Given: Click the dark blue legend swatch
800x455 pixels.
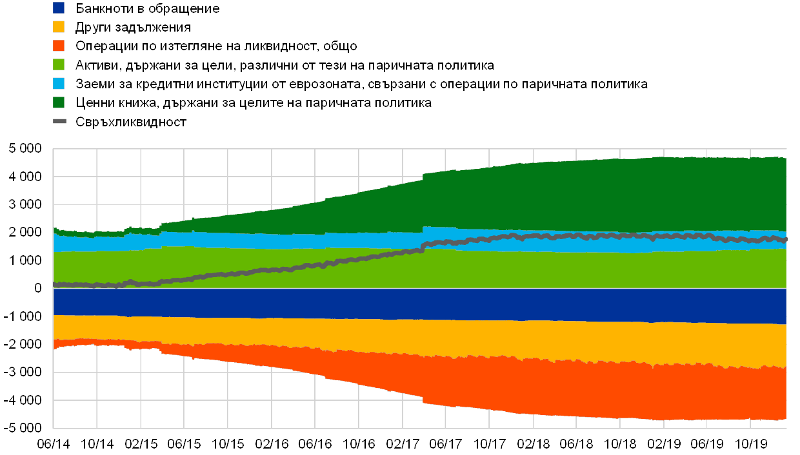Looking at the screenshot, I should click(59, 8).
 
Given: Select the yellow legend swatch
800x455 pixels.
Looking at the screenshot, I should click(59, 27).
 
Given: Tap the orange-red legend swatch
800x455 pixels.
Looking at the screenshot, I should click(59, 46).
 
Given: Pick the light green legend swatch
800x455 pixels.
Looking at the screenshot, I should click(59, 65).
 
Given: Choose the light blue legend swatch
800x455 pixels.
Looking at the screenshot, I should click(59, 84).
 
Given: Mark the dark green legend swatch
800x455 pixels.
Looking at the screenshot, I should click(59, 102).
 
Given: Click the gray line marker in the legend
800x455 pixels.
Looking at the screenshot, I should click(59, 121).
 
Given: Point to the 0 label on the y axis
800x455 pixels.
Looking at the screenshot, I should click(38, 288).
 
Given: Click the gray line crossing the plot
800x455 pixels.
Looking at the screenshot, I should click(323, 265).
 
